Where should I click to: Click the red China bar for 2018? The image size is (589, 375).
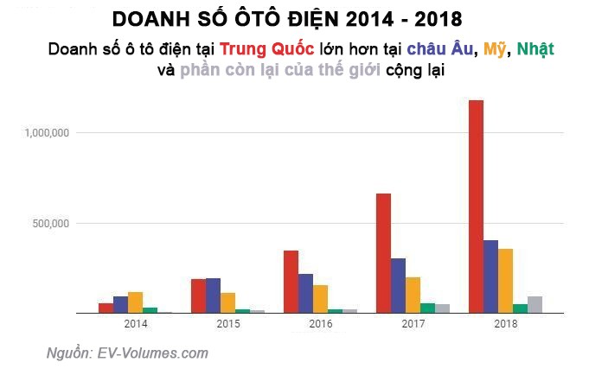476,207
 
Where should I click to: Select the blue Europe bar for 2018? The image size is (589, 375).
490,276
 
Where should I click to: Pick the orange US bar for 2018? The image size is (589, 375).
505,281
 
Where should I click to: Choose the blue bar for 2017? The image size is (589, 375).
398,285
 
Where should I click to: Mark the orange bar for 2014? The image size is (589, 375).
135,302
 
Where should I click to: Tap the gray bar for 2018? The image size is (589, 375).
535,304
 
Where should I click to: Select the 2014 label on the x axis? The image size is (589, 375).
135,324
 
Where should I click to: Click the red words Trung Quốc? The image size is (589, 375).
266,49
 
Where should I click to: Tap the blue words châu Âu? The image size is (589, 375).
441,49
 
